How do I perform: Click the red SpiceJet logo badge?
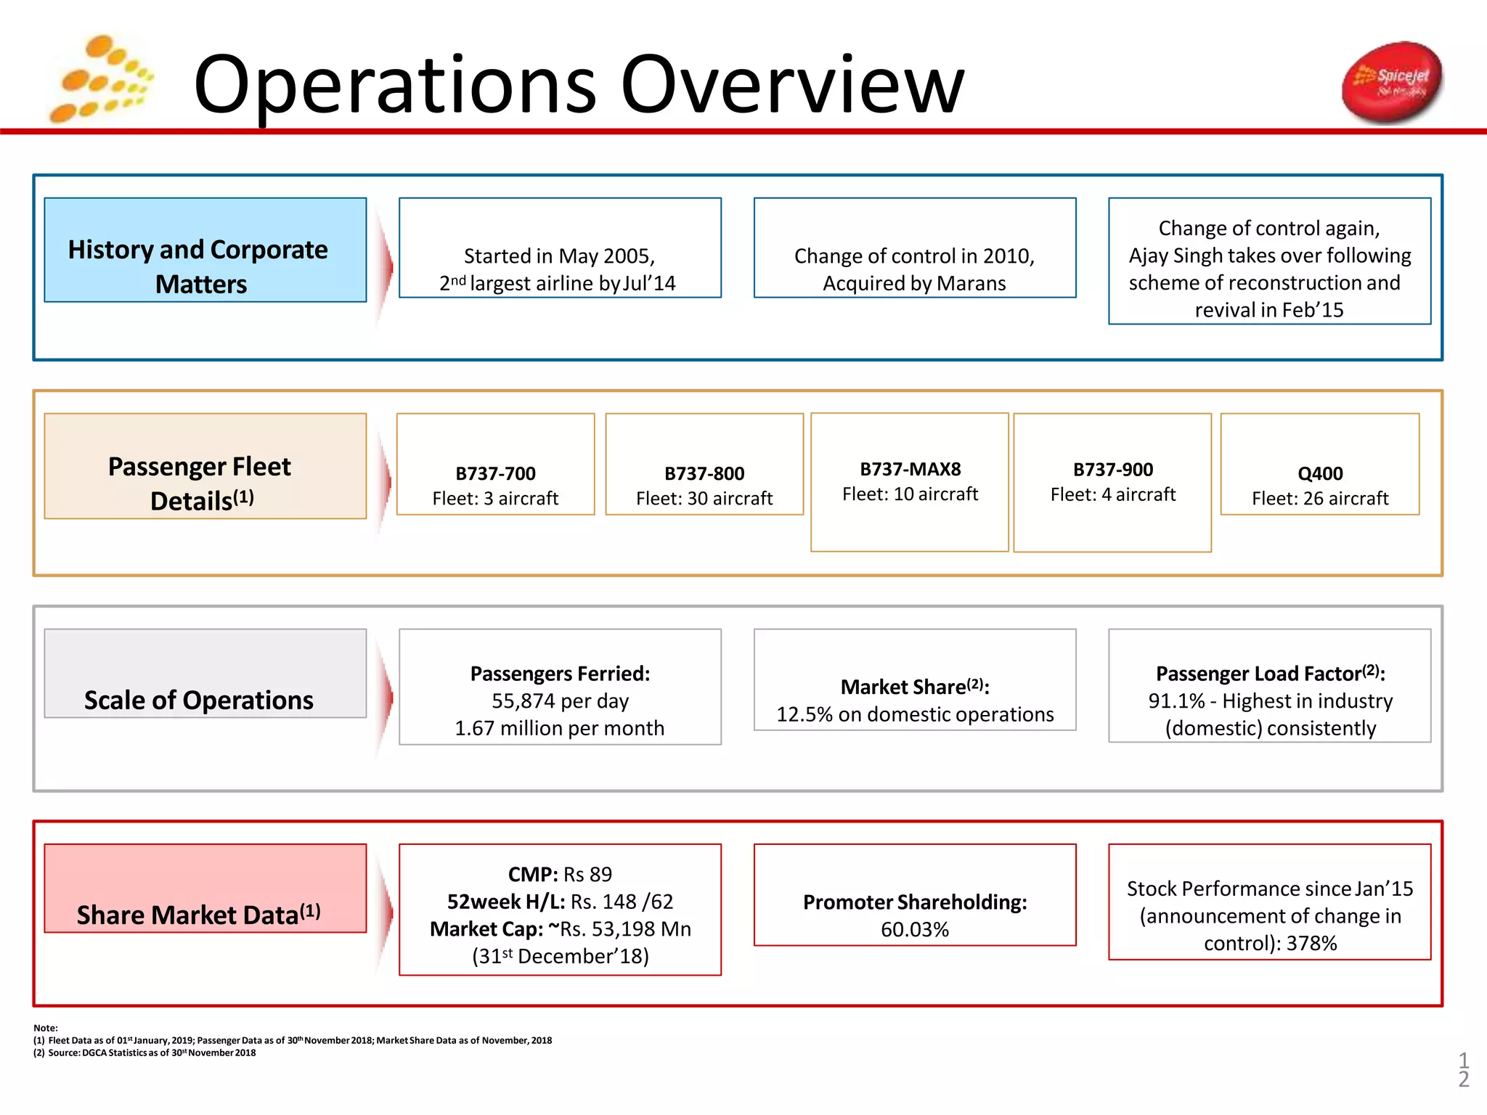[1391, 82]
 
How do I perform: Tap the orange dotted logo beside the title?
[100, 80]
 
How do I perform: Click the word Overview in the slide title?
[792, 85]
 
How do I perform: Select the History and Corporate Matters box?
[205, 250]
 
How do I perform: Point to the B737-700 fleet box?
[495, 465]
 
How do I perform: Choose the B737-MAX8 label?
[910, 470]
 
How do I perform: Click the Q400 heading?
[1319, 474]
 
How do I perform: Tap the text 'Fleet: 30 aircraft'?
[704, 499]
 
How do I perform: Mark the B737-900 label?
[1112, 470]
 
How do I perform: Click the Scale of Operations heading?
[199, 700]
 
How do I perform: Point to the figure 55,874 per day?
[560, 701]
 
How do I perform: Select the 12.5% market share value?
[804, 715]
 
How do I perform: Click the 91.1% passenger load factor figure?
[1176, 701]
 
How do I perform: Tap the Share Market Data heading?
[198, 915]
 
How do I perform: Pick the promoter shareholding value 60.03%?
[914, 930]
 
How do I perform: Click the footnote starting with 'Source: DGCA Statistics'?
[152, 1053]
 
